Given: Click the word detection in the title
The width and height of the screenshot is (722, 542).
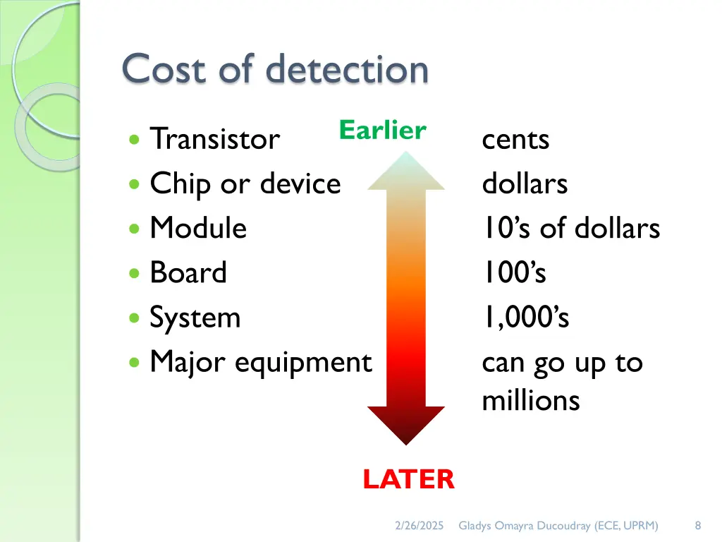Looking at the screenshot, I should [x=347, y=70].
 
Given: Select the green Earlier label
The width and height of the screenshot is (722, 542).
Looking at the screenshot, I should [x=382, y=131].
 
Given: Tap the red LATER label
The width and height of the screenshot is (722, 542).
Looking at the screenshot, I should [x=408, y=480].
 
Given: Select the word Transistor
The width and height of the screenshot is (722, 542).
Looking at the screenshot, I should [x=215, y=139].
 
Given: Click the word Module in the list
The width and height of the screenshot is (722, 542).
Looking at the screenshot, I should [x=198, y=228].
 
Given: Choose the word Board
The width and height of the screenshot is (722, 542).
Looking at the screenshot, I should [x=188, y=272].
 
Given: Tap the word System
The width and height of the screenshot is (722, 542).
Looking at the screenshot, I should [x=195, y=318].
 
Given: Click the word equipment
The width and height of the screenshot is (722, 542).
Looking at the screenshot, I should [x=302, y=363].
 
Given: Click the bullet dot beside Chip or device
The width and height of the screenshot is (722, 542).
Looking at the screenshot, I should [x=135, y=184].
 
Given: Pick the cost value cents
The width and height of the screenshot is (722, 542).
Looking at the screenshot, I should [x=515, y=140].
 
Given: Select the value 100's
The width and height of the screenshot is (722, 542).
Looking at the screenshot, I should [x=514, y=272].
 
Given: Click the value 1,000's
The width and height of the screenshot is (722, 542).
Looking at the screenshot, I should [x=525, y=318].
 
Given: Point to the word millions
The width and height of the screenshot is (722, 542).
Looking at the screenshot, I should [x=530, y=401].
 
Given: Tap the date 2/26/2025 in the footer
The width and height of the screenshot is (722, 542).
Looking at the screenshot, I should [x=419, y=526].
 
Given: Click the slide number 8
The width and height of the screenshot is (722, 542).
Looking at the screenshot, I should [x=697, y=526].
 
